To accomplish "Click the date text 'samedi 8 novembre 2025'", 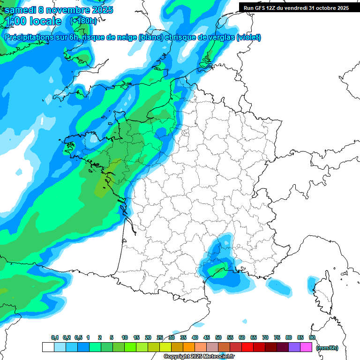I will (x=59, y=10).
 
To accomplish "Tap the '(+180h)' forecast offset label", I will (x=83, y=21).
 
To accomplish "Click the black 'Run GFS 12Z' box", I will (x=296, y=7).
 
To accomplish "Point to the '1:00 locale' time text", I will (x=32, y=21).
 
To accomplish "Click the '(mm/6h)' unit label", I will (x=327, y=347).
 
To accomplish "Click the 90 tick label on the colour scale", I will (x=312, y=337).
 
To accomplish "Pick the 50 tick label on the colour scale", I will (x=218, y=337).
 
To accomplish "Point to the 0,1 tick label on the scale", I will (x=55, y=337).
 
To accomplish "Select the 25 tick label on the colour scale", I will (x=160, y=337).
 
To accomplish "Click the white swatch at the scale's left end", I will (x=48, y=347).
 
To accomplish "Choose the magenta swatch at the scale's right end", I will (x=306, y=347).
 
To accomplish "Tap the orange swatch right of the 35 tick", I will (x=189, y=347).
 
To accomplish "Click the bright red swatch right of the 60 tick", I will (x=247, y=347).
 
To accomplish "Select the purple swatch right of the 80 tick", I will (x=294, y=347).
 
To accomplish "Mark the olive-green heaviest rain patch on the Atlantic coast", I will (x=101, y=188).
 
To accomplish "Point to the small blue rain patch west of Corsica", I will (x=279, y=286).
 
